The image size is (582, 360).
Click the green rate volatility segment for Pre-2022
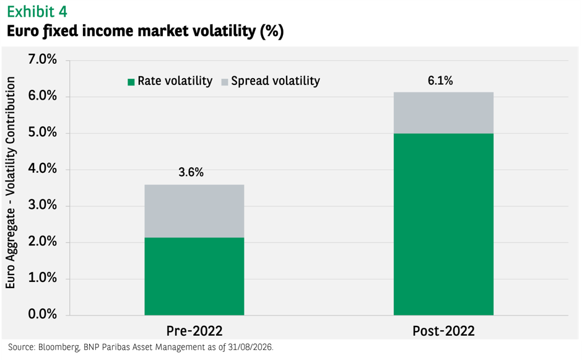click(x=194, y=276)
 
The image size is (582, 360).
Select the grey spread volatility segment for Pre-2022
click(x=194, y=211)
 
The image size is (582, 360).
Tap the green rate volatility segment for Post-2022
click(x=443, y=224)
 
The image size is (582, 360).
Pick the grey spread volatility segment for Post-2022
click(x=443, y=113)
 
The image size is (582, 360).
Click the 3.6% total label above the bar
click(x=191, y=172)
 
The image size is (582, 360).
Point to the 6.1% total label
click(x=440, y=81)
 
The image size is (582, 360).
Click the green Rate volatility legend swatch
click(x=131, y=82)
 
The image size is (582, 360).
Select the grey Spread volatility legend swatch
click(x=225, y=82)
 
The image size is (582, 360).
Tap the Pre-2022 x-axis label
click(x=194, y=331)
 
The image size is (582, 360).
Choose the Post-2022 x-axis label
click(x=443, y=331)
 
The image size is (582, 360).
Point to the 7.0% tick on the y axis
click(x=43, y=59)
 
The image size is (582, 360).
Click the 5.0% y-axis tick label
click(x=43, y=132)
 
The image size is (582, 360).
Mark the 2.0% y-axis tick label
click(x=43, y=242)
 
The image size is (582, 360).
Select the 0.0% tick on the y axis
click(x=43, y=314)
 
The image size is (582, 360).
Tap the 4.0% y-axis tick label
click(x=43, y=169)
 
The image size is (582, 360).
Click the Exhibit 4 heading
click(x=37, y=12)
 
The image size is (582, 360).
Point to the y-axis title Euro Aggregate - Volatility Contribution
click(x=11, y=182)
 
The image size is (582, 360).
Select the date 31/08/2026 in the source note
click(x=250, y=348)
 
